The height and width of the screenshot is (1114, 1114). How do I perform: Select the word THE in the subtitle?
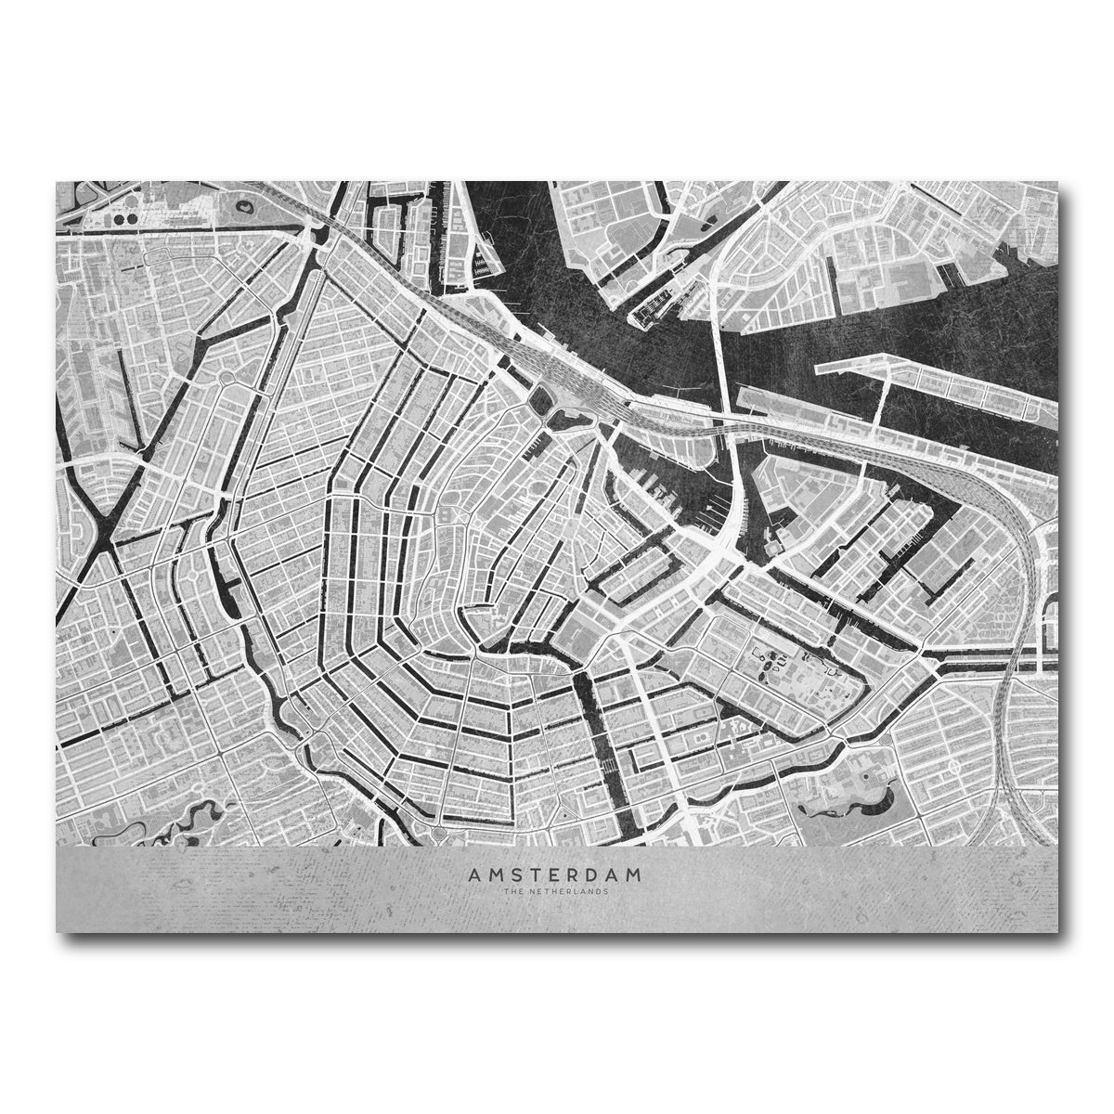513,890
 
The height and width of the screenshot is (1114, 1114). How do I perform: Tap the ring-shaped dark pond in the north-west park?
245,208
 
